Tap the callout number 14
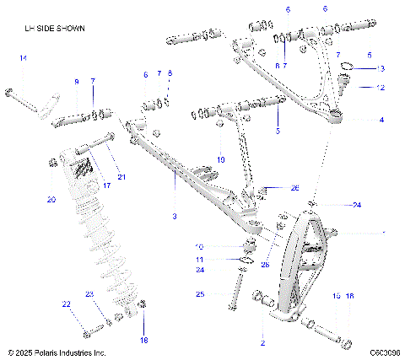[x=24, y=57]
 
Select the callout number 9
[x=76, y=82]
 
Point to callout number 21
[x=121, y=176]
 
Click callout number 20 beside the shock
[x=51, y=200]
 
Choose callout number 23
[x=89, y=293]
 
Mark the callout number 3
[x=174, y=217]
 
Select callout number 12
[x=381, y=87]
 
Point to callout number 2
[x=262, y=344]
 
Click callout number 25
[x=200, y=294]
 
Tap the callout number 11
[x=200, y=259]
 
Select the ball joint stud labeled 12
[x=344, y=82]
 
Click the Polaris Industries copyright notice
[x=57, y=352]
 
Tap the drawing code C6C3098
[x=384, y=352]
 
